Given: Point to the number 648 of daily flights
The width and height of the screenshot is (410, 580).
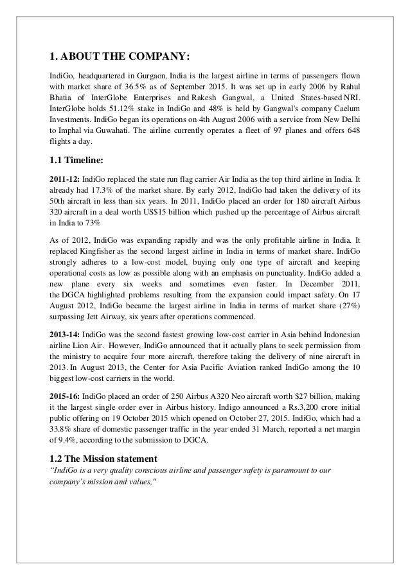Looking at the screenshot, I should click(x=351, y=130).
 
